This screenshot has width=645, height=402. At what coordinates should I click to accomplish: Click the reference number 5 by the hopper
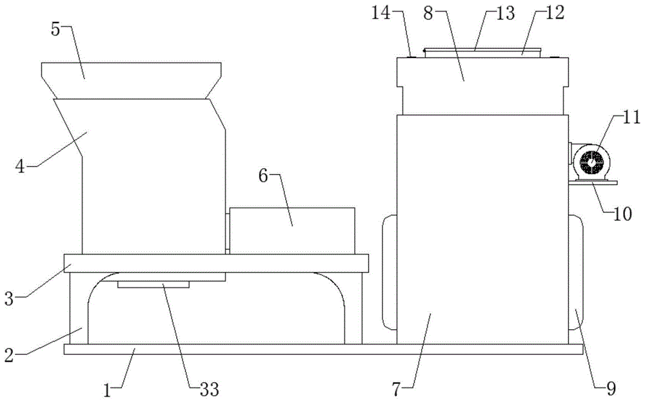point(55,29)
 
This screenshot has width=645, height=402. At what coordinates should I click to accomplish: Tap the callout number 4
point(20,166)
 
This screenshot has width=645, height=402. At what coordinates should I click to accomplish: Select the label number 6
point(263,175)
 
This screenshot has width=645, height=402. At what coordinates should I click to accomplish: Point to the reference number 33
point(210,389)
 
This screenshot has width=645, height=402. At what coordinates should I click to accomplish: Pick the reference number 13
point(505,13)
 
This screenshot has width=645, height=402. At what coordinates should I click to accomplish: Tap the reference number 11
point(631,117)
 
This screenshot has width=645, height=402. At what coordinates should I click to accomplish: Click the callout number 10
point(622,214)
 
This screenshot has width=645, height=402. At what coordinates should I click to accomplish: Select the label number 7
point(396,389)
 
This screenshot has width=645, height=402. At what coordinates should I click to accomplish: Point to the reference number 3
point(9,299)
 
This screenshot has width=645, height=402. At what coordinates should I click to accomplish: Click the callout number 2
point(9,355)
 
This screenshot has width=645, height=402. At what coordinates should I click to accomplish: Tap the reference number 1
point(107,390)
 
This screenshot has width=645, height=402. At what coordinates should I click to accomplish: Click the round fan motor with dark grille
point(591,162)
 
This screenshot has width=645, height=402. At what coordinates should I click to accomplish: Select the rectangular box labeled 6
point(292,231)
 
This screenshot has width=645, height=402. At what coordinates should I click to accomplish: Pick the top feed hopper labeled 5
point(131,81)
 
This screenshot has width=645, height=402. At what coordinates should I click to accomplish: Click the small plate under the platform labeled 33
point(154,285)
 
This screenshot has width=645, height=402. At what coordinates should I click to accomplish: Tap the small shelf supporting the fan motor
point(593,182)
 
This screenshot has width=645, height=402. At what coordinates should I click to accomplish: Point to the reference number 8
point(428,13)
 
